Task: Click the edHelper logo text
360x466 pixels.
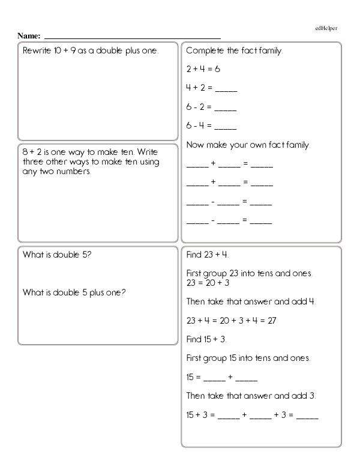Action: pos(327,28)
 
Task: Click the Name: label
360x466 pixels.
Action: pos(29,36)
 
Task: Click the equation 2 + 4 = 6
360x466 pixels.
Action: pos(203,69)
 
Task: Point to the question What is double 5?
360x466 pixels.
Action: pos(57,255)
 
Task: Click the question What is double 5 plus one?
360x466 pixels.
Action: pos(74,293)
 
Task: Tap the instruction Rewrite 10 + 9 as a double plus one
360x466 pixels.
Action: pos(91,50)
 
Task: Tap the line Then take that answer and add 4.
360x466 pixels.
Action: pos(251,301)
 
